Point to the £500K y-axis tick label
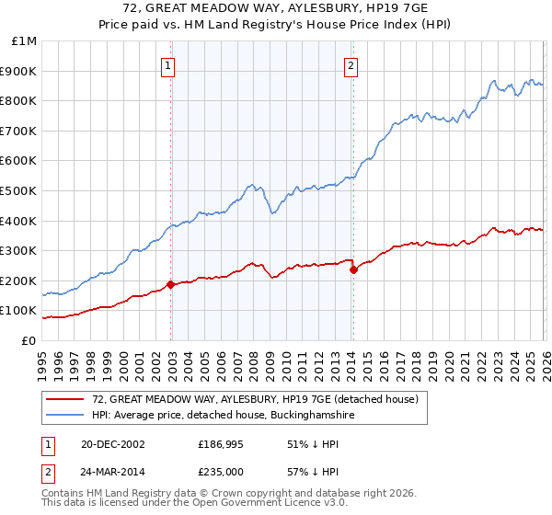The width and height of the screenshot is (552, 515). pyautogui.click(x=21, y=191)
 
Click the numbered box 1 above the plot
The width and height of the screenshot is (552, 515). pyautogui.click(x=170, y=65)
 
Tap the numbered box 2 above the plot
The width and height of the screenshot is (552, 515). pyautogui.click(x=351, y=65)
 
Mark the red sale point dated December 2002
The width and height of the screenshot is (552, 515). pyautogui.click(x=171, y=285)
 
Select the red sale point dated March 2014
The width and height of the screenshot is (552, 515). pyautogui.click(x=353, y=270)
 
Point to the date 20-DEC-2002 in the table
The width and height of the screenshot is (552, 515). pyautogui.click(x=111, y=444)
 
